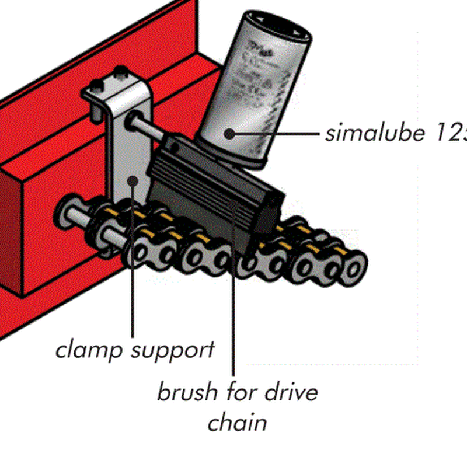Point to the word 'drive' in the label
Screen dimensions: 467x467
coord(288,391)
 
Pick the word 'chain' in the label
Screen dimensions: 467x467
coord(237,421)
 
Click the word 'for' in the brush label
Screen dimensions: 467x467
coord(240,391)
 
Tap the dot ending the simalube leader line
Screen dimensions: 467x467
coord(229,134)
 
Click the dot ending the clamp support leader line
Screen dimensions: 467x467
coord(134,182)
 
